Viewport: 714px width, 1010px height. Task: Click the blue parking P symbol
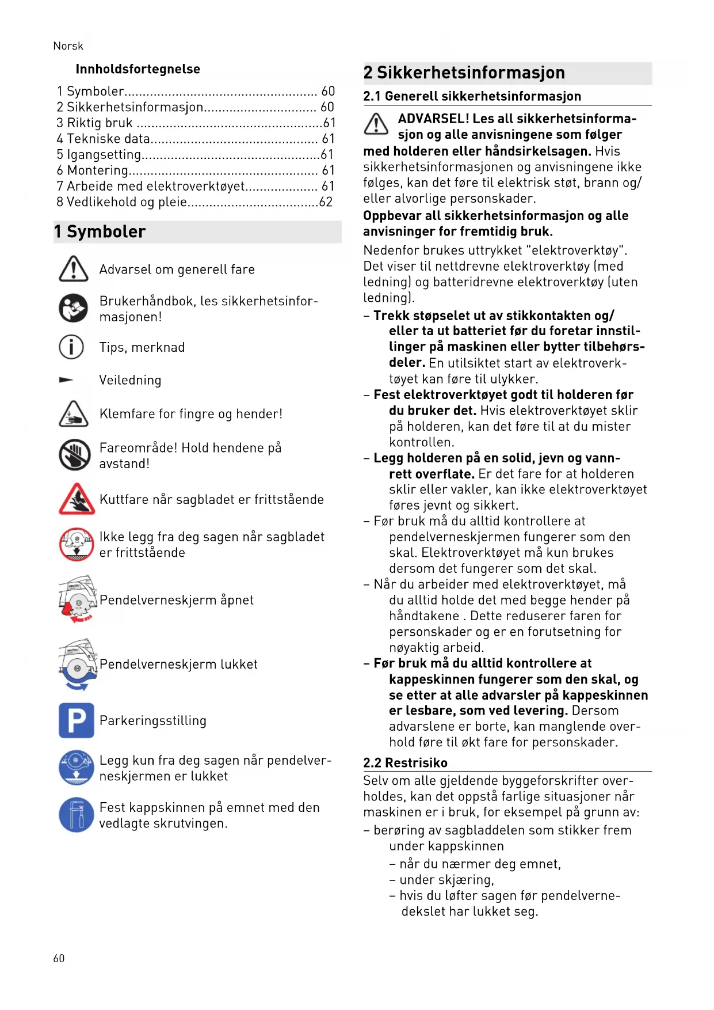pyautogui.click(x=76, y=720)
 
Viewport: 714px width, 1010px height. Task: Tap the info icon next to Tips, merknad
pyautogui.click(x=71, y=347)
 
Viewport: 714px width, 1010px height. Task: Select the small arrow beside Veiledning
pyautogui.click(x=66, y=380)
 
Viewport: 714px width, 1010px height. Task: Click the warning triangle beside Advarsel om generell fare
pyautogui.click(x=74, y=269)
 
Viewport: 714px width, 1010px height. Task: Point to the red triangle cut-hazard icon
pyautogui.click(x=77, y=499)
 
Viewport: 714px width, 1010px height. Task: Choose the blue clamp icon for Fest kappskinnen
pyautogui.click(x=76, y=815)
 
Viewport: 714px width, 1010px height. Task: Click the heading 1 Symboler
pyautogui.click(x=100, y=231)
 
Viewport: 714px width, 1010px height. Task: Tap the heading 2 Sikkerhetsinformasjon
pyautogui.click(x=464, y=73)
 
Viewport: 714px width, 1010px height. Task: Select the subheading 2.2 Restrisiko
pyautogui.click(x=405, y=762)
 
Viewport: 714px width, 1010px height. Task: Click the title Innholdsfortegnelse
pyautogui.click(x=138, y=69)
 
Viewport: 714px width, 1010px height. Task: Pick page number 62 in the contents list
pyautogui.click(x=326, y=202)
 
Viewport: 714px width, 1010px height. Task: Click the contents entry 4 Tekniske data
pyautogui.click(x=104, y=139)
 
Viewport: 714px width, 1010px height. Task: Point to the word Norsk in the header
pyautogui.click(x=68, y=46)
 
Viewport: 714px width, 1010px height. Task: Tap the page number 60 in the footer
pyautogui.click(x=59, y=958)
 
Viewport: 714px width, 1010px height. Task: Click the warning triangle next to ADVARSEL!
pyautogui.click(x=376, y=124)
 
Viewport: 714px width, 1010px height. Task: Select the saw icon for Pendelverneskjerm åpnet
pyautogui.click(x=77, y=599)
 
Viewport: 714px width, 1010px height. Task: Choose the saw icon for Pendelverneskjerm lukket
pyautogui.click(x=77, y=664)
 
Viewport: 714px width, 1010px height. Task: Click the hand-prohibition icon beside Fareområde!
pyautogui.click(x=75, y=455)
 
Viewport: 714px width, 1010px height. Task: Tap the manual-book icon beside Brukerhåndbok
pyautogui.click(x=74, y=309)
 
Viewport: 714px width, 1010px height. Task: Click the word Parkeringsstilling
pyautogui.click(x=152, y=721)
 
